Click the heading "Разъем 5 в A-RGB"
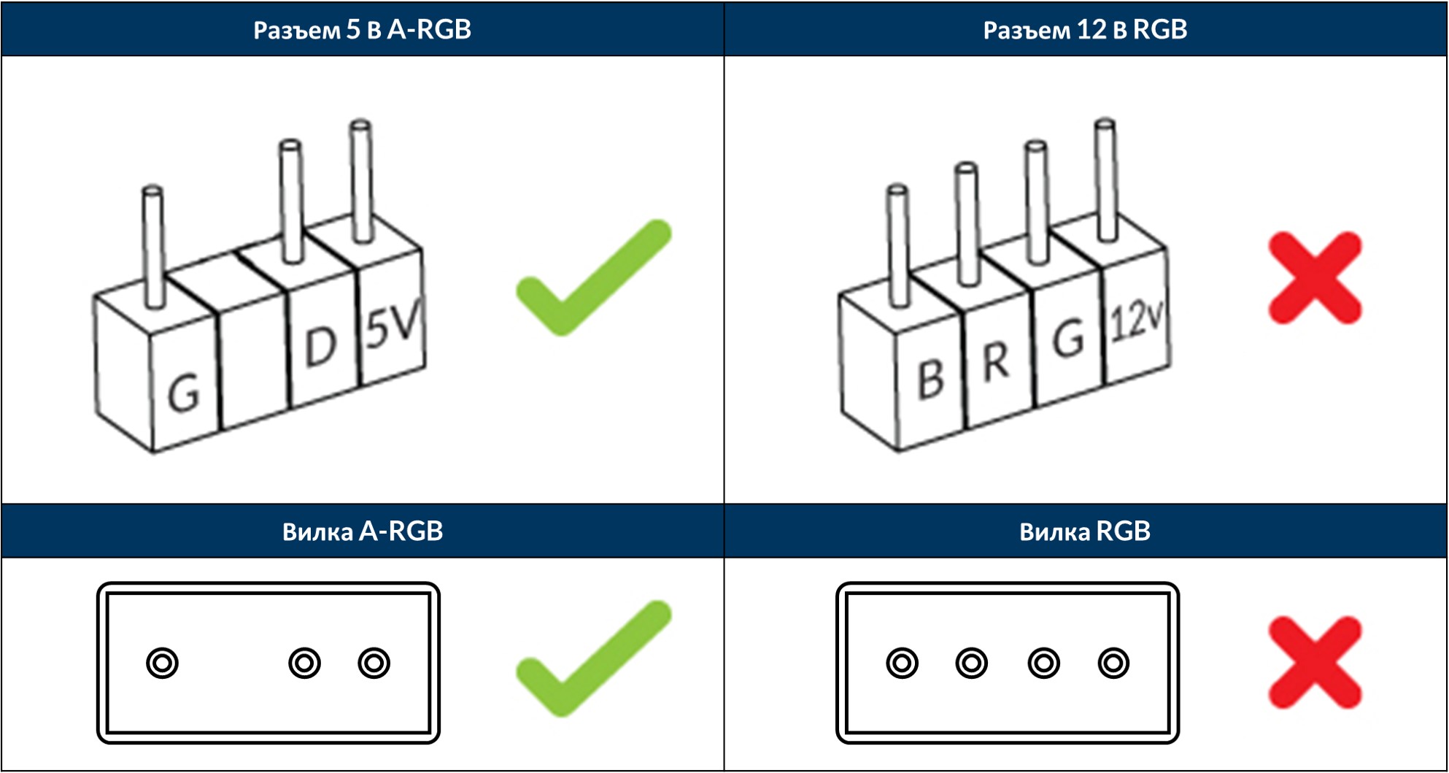(362, 29)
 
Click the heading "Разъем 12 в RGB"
(1085, 29)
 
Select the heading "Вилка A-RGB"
(362, 531)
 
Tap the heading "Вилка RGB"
(1085, 531)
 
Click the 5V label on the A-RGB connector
(393, 326)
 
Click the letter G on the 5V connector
(183, 393)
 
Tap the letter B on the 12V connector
(930, 379)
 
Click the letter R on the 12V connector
(996, 361)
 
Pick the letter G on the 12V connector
(1067, 339)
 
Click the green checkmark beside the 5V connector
(592, 277)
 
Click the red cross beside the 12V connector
(1315, 277)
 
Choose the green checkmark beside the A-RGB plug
(592, 658)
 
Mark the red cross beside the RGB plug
(1315, 662)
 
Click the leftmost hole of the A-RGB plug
(162, 663)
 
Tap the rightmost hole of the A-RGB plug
(374, 663)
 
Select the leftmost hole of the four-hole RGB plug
(902, 663)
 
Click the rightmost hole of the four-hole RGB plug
(1113, 663)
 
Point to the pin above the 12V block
(1106, 179)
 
